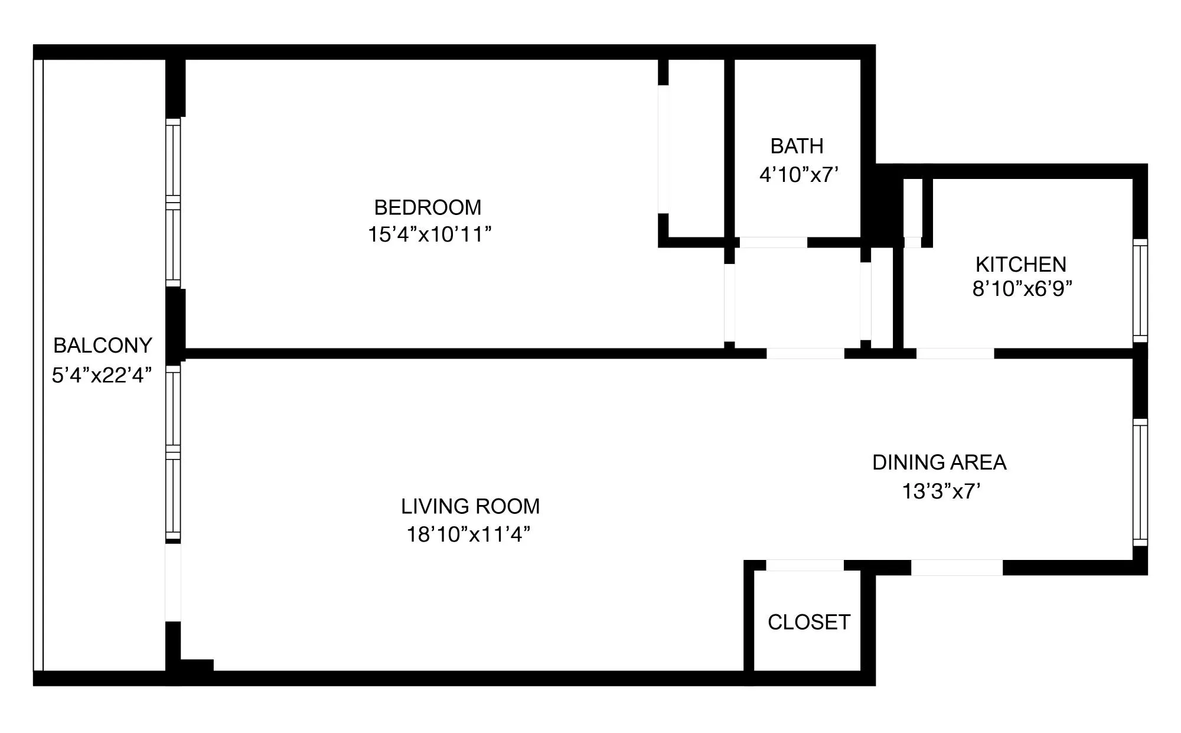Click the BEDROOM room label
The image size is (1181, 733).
(428, 207)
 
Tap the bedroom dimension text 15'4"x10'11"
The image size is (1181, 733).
(429, 234)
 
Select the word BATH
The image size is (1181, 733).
(797, 146)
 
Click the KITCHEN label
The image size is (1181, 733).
(1020, 264)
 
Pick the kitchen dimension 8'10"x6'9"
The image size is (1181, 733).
(1022, 289)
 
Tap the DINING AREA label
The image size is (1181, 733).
(939, 462)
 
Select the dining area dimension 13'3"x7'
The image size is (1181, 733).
(941, 491)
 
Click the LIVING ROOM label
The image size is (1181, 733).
(470, 506)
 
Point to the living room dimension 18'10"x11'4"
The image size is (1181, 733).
(468, 535)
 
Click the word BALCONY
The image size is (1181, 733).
(103, 346)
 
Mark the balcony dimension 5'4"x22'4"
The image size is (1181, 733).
(102, 375)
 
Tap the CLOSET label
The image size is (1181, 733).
(808, 622)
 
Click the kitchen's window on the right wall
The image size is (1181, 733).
(1140, 291)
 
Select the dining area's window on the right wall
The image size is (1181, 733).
(1140, 482)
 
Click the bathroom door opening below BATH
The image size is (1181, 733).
(773, 242)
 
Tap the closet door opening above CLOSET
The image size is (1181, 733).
(804, 565)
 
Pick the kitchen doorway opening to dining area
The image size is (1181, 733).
(955, 353)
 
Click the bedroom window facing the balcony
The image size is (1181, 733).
(172, 203)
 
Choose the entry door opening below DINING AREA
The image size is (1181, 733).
(957, 568)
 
